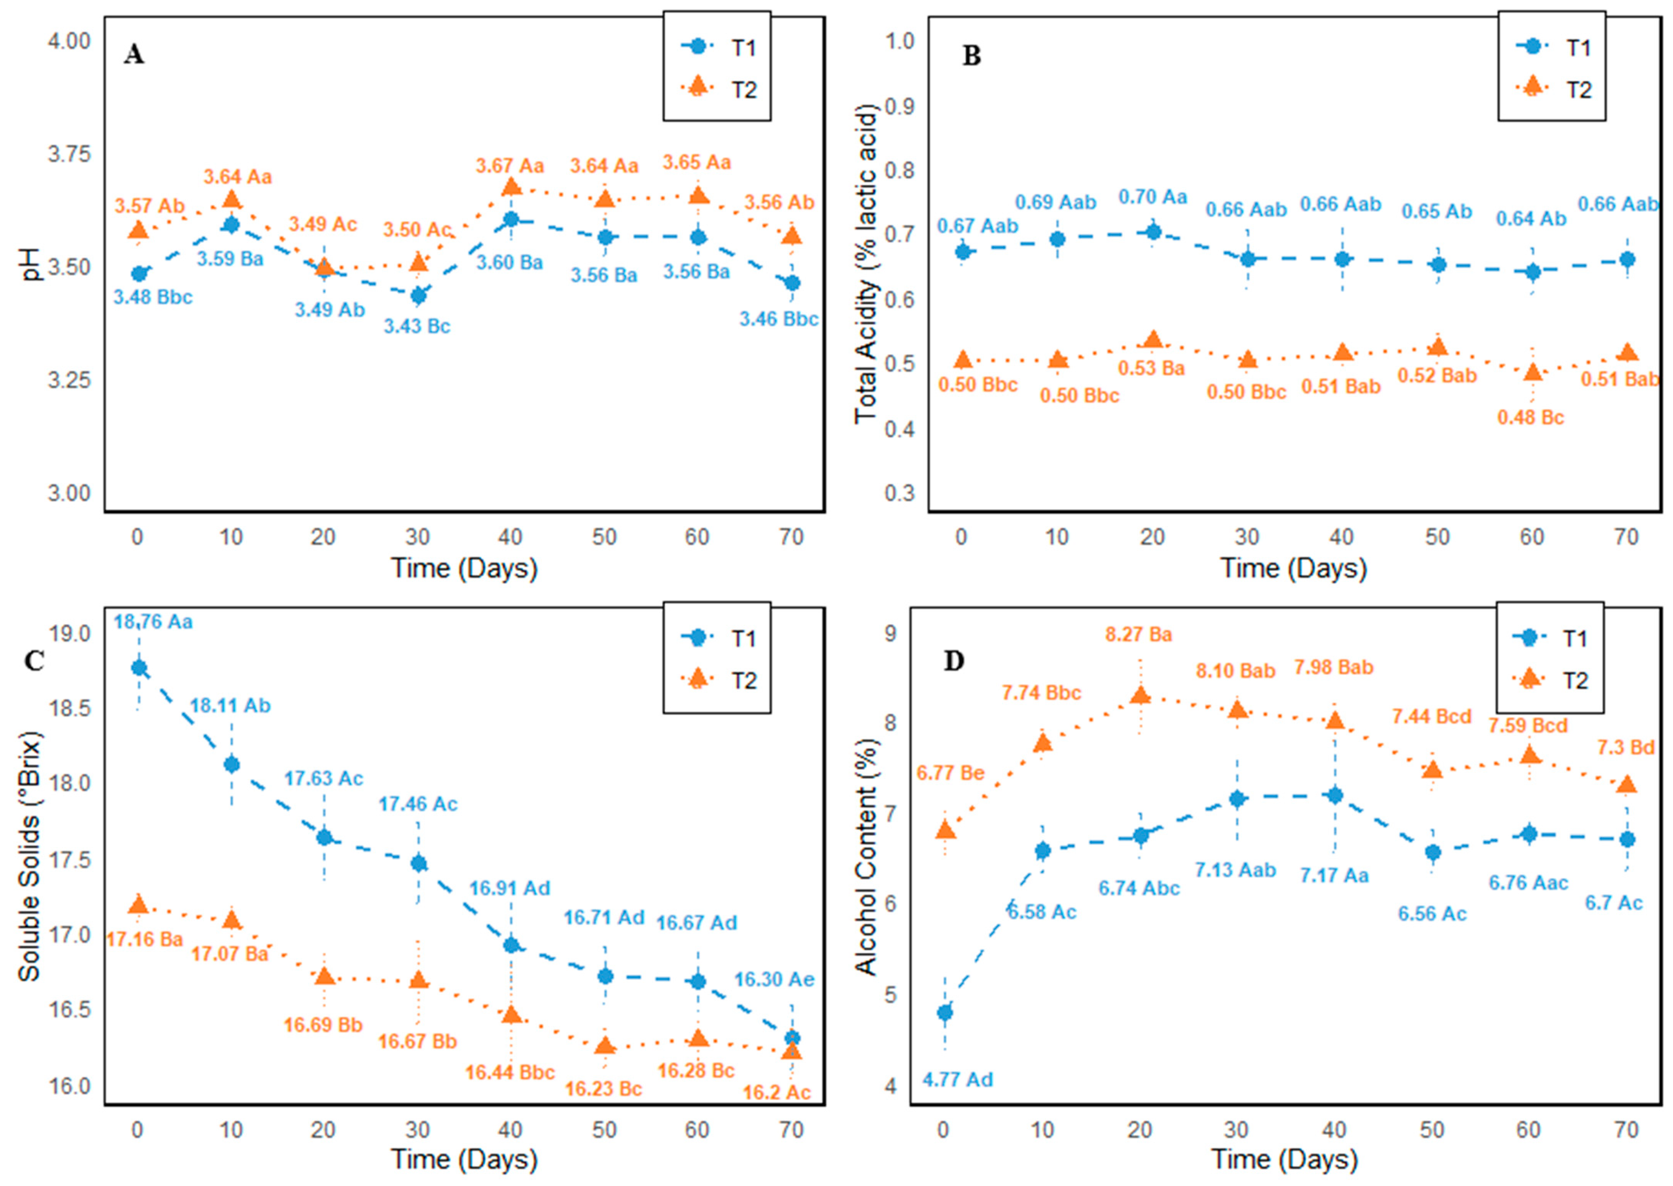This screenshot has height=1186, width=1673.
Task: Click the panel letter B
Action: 971,55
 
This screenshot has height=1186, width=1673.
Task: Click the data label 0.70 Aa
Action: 1153,197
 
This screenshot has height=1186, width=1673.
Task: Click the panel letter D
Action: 954,661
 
